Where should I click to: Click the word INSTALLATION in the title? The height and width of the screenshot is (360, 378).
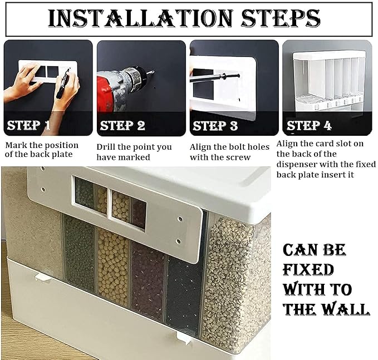point(140,18)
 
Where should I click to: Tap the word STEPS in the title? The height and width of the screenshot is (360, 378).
point(281,18)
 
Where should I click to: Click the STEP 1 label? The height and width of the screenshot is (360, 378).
point(29,126)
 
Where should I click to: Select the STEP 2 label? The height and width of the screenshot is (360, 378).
point(122,126)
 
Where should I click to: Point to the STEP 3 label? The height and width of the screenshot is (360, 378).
point(215,126)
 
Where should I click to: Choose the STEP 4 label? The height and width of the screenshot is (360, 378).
point(309,126)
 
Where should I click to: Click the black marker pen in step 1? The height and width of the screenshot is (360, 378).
point(63,83)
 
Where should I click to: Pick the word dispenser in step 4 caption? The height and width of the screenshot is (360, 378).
point(297,165)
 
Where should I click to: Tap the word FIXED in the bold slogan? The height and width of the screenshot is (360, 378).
point(308,269)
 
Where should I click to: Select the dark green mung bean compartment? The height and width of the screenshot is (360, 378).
point(79,253)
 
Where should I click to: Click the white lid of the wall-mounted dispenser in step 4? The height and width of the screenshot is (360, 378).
point(329,55)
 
